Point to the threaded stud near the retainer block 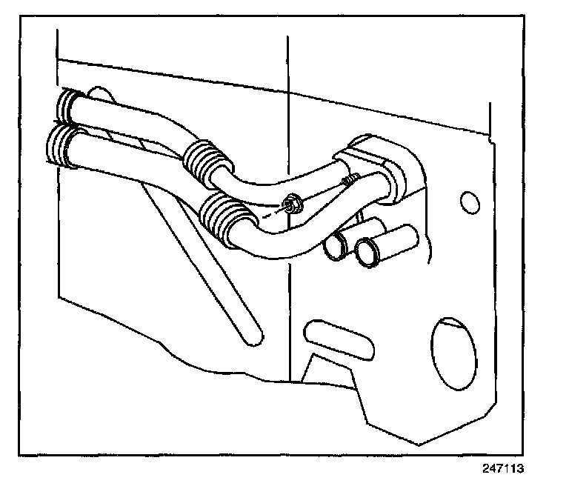(350, 179)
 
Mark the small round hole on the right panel (467, 202)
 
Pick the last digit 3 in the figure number (529, 468)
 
